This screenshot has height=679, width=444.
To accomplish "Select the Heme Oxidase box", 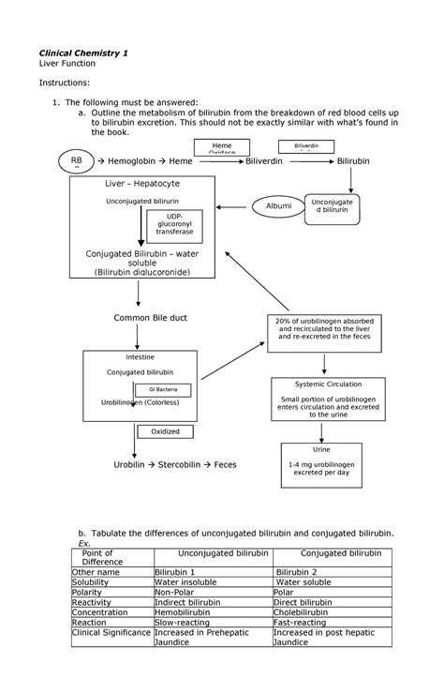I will (x=223, y=146).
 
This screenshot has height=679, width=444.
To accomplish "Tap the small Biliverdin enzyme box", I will (x=306, y=146).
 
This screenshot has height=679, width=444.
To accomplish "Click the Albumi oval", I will (x=279, y=205).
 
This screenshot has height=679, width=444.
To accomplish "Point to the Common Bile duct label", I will (x=151, y=318).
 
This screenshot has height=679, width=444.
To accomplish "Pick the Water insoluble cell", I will (x=186, y=582).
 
